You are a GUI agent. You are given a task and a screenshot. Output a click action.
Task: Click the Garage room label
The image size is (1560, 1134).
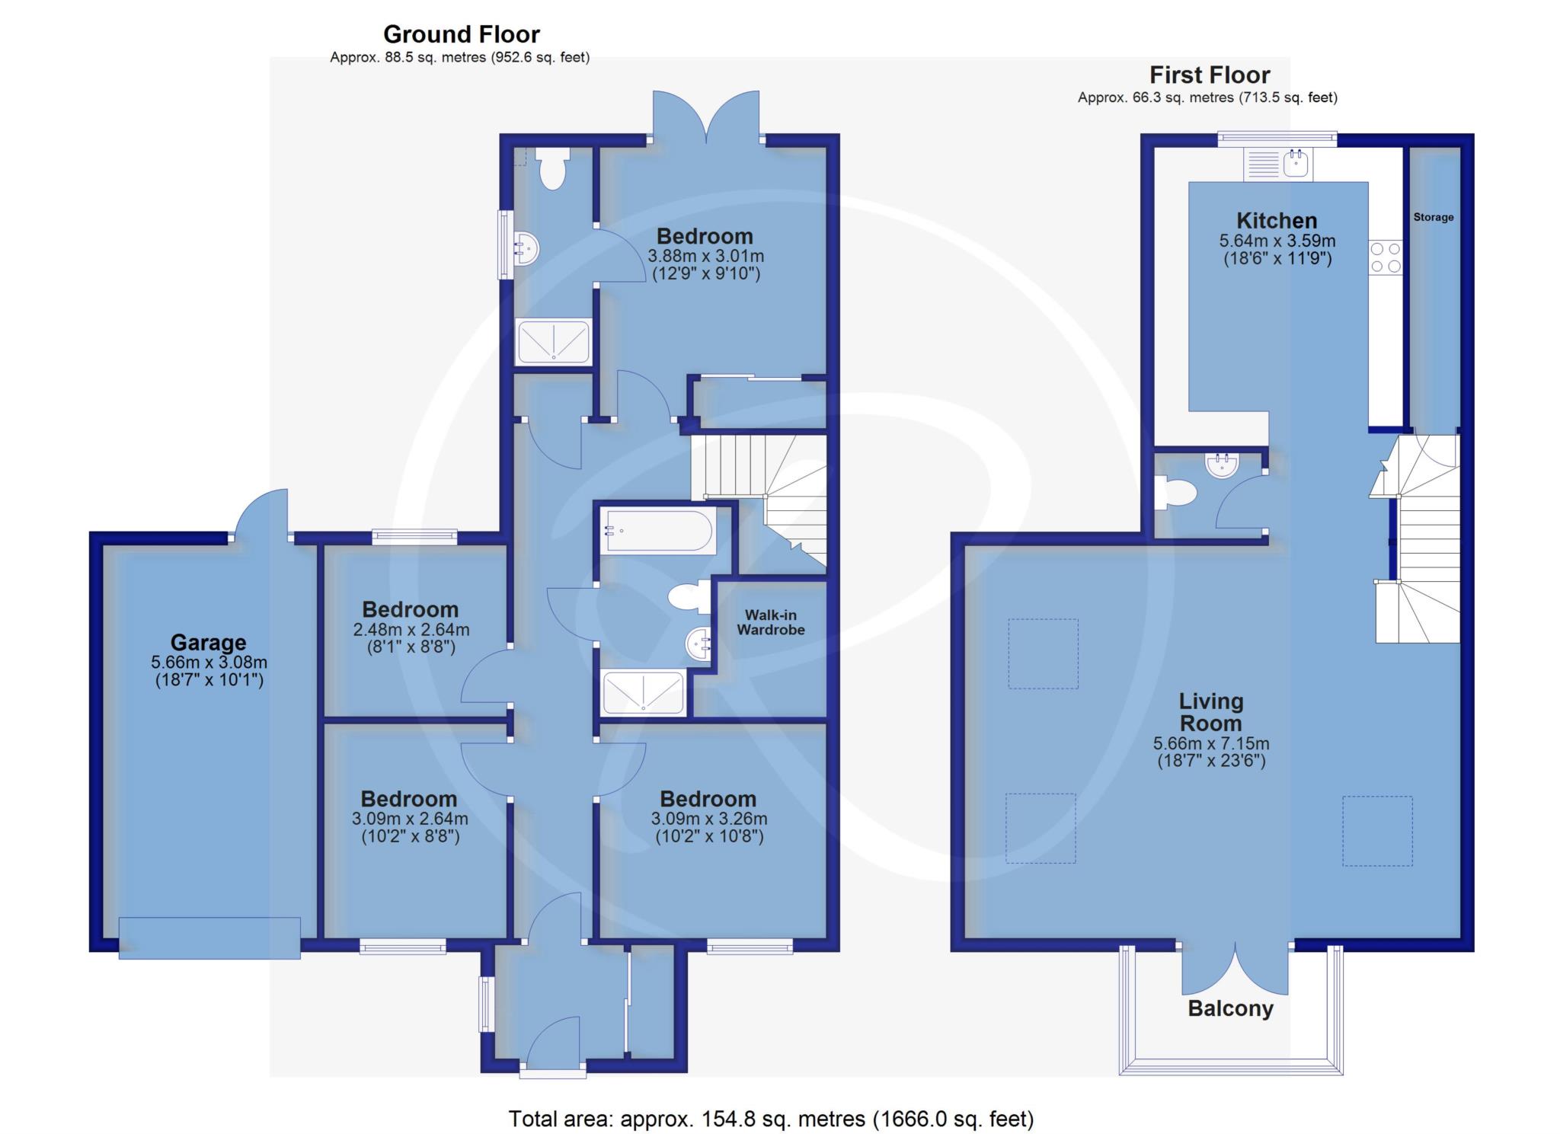pos(208,643)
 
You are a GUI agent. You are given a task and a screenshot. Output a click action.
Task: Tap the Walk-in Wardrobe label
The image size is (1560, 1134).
pos(771,622)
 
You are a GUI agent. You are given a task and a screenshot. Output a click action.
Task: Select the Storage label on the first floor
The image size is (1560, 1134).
pos(1434,217)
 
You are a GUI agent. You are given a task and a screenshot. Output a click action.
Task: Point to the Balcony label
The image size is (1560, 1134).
pos(1230,1009)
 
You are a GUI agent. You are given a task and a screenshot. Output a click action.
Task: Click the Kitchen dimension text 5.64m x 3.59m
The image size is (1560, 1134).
pos(1277,241)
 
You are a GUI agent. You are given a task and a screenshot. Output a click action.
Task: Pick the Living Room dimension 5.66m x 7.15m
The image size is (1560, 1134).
pos(1211,744)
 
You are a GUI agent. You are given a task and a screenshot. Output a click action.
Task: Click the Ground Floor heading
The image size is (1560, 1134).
pos(462,34)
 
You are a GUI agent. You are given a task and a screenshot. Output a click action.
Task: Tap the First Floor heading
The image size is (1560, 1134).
pos(1210,75)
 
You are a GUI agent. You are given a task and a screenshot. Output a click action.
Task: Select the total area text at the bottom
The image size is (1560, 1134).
pos(771,1119)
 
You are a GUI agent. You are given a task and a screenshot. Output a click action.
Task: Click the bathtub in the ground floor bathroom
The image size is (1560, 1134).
pos(659,531)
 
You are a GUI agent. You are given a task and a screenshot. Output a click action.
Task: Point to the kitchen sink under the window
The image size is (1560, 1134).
pos(1278,165)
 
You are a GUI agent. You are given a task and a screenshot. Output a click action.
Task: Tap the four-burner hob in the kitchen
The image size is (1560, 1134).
pos(1386,257)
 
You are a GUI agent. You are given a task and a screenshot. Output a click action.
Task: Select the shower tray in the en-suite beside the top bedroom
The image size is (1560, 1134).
pos(554,341)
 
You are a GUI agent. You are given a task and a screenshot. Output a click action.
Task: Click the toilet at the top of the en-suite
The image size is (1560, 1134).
pos(552,168)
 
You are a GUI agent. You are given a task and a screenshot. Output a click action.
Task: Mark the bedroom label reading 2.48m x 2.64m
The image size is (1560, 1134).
pos(411,628)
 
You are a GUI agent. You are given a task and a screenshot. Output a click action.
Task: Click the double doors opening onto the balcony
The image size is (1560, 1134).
pos(1235,969)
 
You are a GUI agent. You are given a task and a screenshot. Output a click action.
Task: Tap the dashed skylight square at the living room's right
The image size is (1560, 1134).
pos(1377,831)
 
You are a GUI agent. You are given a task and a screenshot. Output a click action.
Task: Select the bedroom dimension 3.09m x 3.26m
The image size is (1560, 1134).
pos(709,819)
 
